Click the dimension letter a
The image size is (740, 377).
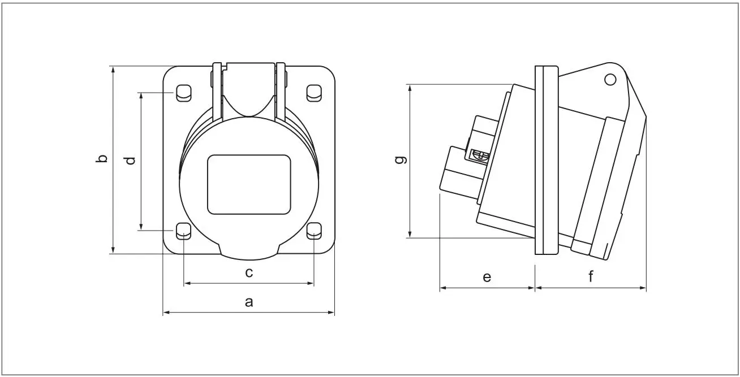point(248,302)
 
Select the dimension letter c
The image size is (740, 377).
point(248,273)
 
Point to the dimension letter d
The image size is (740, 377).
point(130,160)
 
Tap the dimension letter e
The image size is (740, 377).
point(487,277)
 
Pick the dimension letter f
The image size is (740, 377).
point(591,277)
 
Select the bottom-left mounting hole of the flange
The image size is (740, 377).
point(183,231)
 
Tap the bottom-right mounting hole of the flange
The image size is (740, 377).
point(314,231)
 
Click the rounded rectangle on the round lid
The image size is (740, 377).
point(249,185)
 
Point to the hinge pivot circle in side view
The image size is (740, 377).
point(610,80)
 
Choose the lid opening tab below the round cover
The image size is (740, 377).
point(249,253)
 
